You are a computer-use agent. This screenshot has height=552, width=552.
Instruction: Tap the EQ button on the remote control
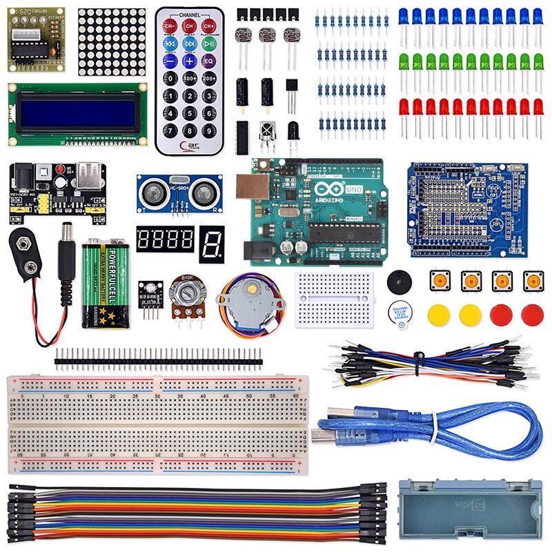click(208, 61)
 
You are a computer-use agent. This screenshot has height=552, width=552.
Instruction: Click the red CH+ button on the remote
click(208, 27)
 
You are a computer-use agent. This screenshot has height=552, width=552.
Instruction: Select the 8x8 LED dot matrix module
click(112, 42)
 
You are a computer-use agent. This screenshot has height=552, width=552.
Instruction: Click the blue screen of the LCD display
click(77, 114)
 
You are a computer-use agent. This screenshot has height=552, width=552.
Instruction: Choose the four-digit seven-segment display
click(165, 240)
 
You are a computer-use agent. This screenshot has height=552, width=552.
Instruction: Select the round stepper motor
click(249, 299)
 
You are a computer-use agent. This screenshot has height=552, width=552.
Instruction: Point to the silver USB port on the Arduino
click(250, 188)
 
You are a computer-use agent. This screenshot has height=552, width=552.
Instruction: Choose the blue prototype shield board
click(467, 210)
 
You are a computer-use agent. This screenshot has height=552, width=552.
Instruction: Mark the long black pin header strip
click(158, 357)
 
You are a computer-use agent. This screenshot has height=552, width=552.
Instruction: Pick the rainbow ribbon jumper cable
click(193, 514)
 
